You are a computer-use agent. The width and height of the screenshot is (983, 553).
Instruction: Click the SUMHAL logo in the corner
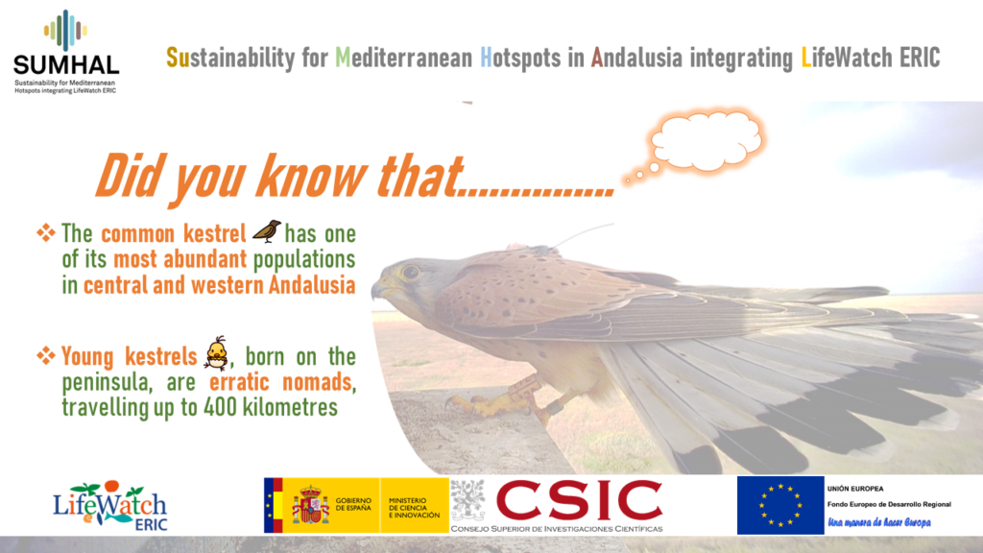pos(66,52)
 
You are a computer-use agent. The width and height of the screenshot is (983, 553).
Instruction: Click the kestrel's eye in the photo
pos(411,272)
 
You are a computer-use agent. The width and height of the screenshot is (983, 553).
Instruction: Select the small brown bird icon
pos(267,231)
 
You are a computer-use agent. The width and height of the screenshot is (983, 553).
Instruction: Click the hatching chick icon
pos(216,353)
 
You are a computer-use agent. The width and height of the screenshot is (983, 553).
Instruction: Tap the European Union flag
pos(780,505)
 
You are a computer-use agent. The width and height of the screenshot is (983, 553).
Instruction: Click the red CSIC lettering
pos(579,501)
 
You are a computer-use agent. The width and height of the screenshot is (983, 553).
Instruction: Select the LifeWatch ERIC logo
pos(110,506)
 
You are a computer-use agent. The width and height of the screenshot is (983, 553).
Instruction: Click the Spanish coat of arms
pos(310,505)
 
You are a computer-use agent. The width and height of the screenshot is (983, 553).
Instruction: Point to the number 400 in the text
pos(220,408)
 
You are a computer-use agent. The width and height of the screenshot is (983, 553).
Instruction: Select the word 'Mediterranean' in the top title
pos(404,58)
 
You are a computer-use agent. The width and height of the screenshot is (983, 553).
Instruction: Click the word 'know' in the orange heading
pos(310,177)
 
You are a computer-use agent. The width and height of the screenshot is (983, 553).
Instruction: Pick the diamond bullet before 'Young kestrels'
pos(46,356)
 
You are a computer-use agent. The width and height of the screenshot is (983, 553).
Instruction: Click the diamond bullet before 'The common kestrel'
pos(46,233)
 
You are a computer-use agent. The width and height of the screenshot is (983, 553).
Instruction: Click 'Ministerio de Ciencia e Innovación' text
pos(414,508)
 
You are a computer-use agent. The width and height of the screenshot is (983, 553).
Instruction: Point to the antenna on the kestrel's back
pos(580,234)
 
